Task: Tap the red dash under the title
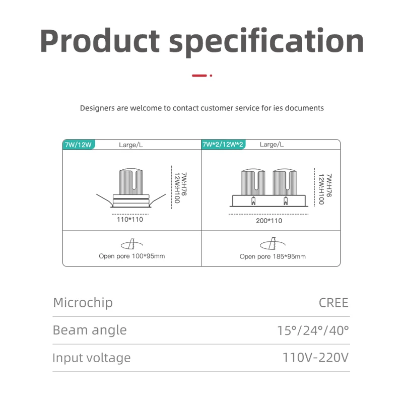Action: [x=199, y=76]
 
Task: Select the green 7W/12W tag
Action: [x=78, y=145]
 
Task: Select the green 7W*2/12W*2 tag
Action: [x=223, y=145]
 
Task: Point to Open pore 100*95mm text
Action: [x=131, y=256]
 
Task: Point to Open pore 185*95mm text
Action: [x=273, y=256]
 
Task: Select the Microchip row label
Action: [x=83, y=303]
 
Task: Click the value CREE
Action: [x=333, y=303]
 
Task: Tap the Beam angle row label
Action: [x=90, y=330]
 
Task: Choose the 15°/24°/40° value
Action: [x=313, y=330]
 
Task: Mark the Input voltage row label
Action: [x=91, y=358]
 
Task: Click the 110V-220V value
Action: [x=315, y=358]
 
